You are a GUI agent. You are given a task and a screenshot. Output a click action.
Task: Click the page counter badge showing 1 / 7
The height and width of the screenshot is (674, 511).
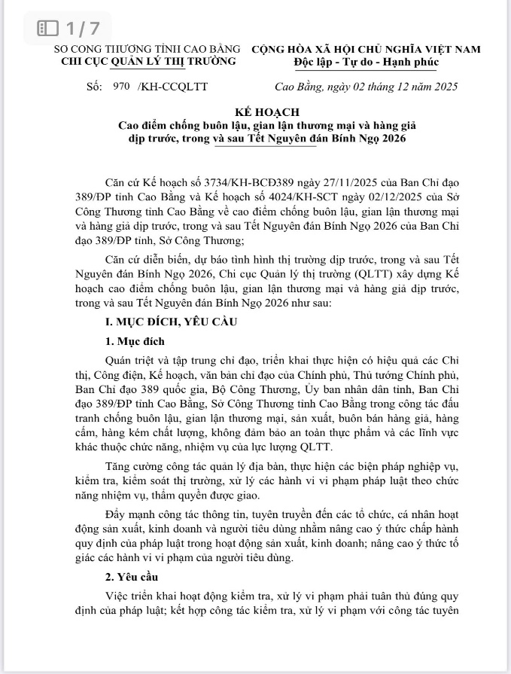click(68, 29)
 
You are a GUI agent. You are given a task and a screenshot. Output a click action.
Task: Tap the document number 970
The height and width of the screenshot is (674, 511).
click(120, 87)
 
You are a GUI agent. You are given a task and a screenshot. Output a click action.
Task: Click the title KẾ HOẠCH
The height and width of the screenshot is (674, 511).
click(256, 111)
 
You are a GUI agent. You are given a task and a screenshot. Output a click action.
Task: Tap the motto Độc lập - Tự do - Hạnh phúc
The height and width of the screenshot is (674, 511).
click(366, 62)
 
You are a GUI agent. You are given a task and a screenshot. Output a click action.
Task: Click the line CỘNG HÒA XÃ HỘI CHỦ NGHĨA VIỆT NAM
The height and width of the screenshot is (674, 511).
click(366, 49)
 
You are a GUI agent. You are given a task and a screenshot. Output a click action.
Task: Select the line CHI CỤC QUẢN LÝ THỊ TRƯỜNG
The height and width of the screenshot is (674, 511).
click(148, 61)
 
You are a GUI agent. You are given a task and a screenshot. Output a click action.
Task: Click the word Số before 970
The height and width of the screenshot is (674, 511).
click(94, 87)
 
